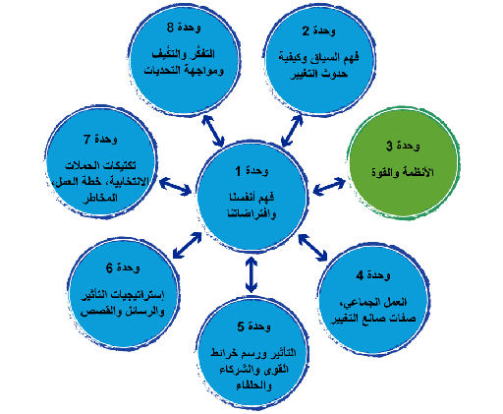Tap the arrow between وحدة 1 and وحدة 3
tap(327, 186)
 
